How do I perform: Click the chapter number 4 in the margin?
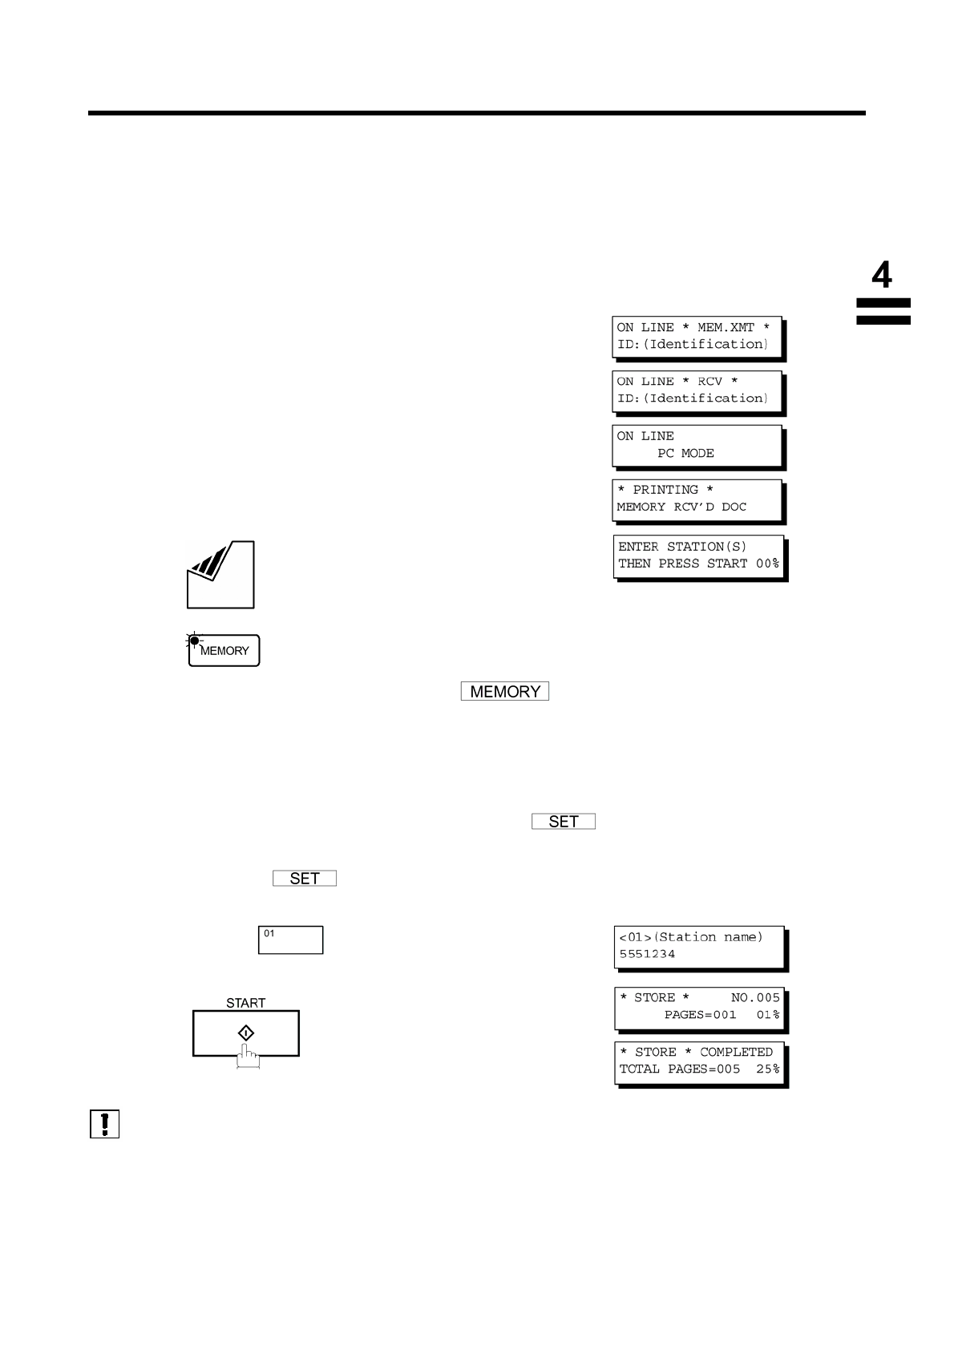click(x=881, y=276)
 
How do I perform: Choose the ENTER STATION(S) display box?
click(x=699, y=556)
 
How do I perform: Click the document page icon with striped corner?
click(x=220, y=575)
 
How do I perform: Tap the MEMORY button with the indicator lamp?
click(x=224, y=651)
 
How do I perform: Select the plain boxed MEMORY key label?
click(x=505, y=692)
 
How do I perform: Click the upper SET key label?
click(x=564, y=822)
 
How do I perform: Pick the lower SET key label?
click(x=305, y=879)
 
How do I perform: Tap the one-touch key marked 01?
click(x=290, y=940)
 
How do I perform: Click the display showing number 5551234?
click(x=699, y=947)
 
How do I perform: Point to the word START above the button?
click(x=245, y=1003)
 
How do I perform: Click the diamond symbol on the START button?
click(x=246, y=1033)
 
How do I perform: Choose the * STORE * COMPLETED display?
click(x=699, y=1061)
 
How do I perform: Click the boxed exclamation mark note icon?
click(x=104, y=1124)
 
